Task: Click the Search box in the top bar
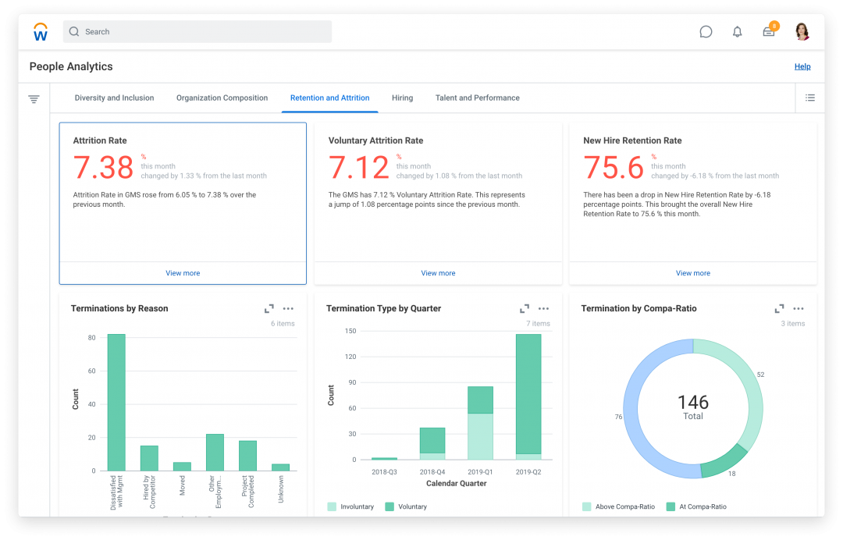[x=197, y=32]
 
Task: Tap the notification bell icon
[x=737, y=32]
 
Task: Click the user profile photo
[x=802, y=32]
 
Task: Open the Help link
[x=802, y=67]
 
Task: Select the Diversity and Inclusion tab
[x=114, y=98]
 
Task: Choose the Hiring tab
[x=402, y=98]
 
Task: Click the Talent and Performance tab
[x=477, y=98]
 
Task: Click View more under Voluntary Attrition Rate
[x=438, y=273]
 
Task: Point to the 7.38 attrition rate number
[x=104, y=168]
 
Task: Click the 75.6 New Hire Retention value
[x=614, y=168]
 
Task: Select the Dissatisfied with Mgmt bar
[x=116, y=402]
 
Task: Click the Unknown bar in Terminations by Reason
[x=280, y=467]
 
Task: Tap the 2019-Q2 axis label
[x=528, y=472]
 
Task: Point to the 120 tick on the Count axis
[x=350, y=357]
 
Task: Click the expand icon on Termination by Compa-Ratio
[x=779, y=309]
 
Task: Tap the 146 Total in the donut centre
[x=693, y=407]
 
